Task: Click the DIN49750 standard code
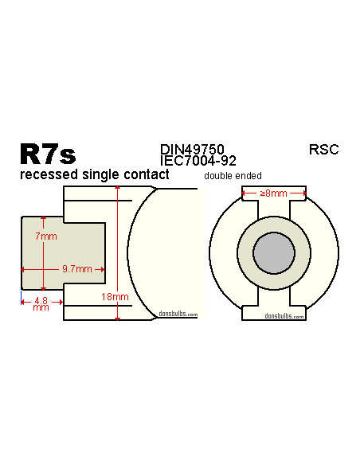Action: pos(192,149)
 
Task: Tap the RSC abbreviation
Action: pos(323,149)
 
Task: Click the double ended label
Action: pos(233,176)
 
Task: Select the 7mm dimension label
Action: pos(47,237)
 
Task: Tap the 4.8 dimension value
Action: pos(41,300)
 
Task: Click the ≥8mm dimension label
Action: pos(274,193)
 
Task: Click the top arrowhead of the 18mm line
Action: pos(117,189)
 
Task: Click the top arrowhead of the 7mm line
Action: pos(43,219)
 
